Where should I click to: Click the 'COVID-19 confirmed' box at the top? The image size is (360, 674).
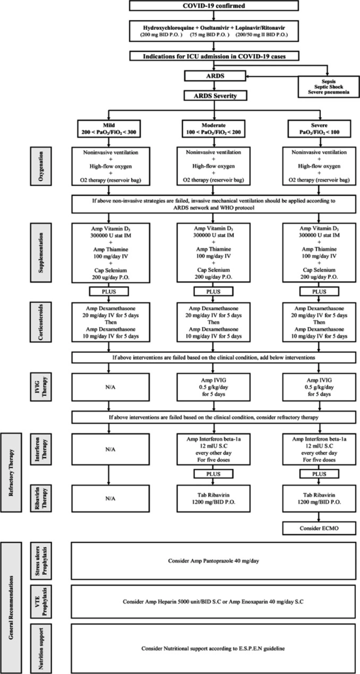(214, 6)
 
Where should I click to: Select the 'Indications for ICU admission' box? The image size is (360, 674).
(214, 56)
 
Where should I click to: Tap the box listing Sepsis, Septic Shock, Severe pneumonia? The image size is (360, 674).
(328, 87)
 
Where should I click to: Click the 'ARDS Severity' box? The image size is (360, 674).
(215, 96)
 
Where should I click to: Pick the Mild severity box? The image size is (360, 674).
(109, 129)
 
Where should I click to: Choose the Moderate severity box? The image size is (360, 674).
(214, 129)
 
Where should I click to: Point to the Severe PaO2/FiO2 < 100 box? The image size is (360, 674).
(319, 129)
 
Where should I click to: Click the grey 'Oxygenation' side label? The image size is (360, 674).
(41, 166)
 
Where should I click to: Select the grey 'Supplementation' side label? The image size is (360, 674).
(41, 252)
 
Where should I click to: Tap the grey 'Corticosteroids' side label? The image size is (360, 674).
(41, 322)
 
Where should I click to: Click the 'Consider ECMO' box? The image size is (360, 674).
(319, 528)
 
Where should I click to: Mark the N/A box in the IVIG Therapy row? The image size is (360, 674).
(111, 387)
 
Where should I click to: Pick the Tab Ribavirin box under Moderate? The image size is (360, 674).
(213, 498)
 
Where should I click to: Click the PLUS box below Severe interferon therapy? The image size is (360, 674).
(319, 474)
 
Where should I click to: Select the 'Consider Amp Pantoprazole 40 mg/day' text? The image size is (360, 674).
(213, 561)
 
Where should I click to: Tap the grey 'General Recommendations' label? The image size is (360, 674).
(11, 607)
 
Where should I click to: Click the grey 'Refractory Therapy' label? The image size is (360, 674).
(11, 472)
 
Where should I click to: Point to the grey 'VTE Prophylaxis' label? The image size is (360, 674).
(41, 601)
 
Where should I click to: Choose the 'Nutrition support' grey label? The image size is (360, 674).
(41, 648)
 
